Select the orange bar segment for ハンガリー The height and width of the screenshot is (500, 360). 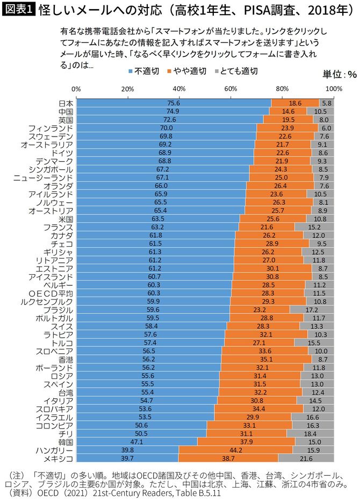[235, 449]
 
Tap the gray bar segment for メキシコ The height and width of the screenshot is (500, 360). [306, 458]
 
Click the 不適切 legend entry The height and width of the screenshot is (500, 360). [141, 70]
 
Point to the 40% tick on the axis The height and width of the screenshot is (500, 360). [179, 89]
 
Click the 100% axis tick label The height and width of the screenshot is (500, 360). [334, 89]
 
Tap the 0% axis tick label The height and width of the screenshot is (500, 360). [76, 89]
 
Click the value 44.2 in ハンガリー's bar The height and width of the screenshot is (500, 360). [235, 449]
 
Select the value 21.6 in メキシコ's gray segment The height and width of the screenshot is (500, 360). [306, 458]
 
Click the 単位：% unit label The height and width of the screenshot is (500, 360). [340, 74]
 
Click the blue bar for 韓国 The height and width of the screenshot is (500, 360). [136, 441]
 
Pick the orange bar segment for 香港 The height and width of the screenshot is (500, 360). [266, 359]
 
